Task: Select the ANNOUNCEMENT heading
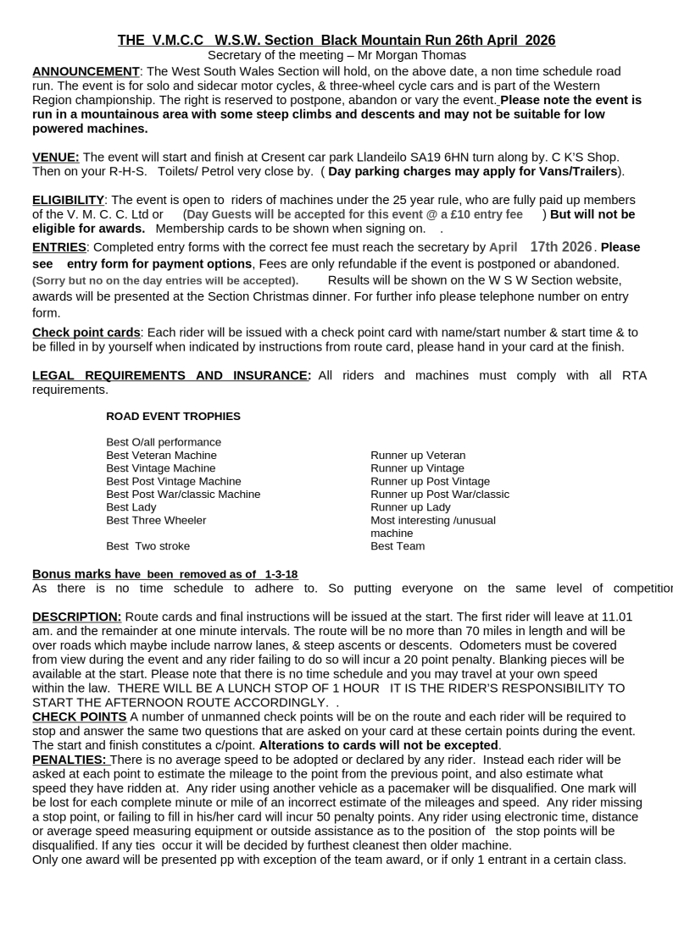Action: pyautogui.click(x=86, y=71)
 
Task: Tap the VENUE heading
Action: pyautogui.click(x=55, y=158)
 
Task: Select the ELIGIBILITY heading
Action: pyautogui.click(x=69, y=200)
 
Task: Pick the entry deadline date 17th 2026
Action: pyautogui.click(x=561, y=247)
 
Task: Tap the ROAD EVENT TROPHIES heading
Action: pyautogui.click(x=173, y=416)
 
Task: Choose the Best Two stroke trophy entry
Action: pyautogui.click(x=147, y=546)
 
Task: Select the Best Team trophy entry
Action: pyautogui.click(x=398, y=546)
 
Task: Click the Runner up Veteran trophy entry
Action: pyautogui.click(x=418, y=455)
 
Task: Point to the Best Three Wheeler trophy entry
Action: pyautogui.click(x=156, y=520)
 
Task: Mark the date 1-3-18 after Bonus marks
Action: pyautogui.click(x=281, y=574)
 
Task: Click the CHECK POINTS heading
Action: pyautogui.click(x=79, y=716)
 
